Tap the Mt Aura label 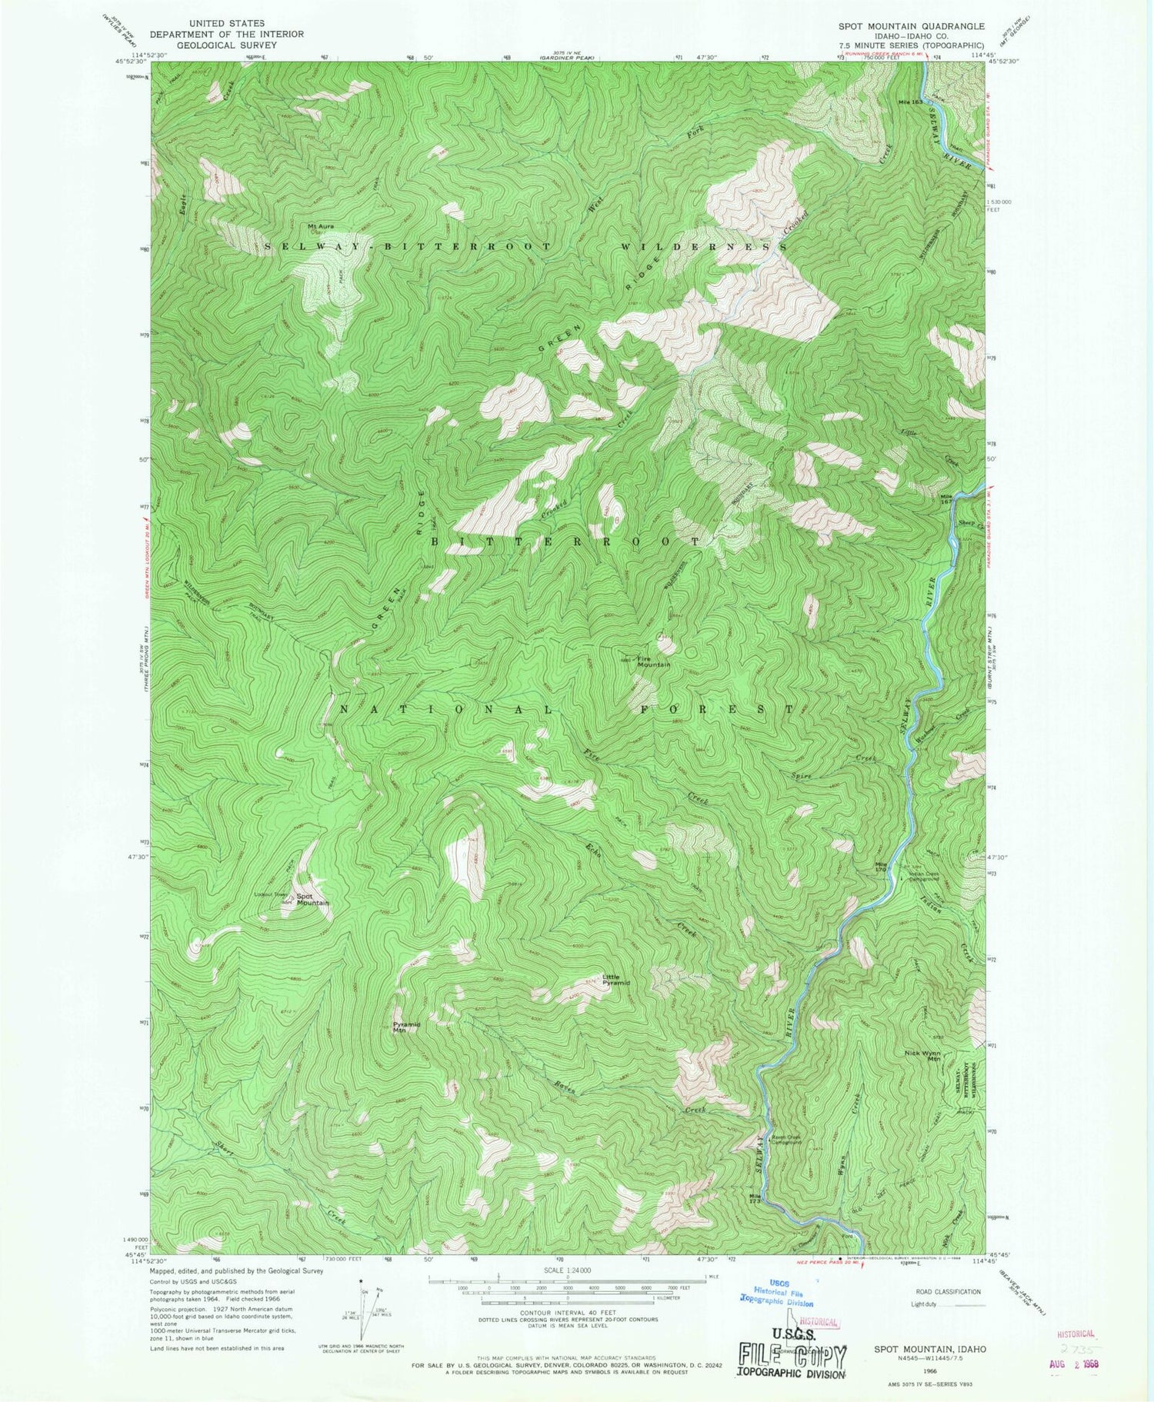tap(322, 226)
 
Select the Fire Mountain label tap(654, 661)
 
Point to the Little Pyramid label tap(615, 980)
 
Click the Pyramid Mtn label tap(406, 1027)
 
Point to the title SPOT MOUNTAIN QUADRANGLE tap(900, 25)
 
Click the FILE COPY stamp tap(791, 1355)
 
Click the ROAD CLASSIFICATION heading tap(945, 1292)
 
